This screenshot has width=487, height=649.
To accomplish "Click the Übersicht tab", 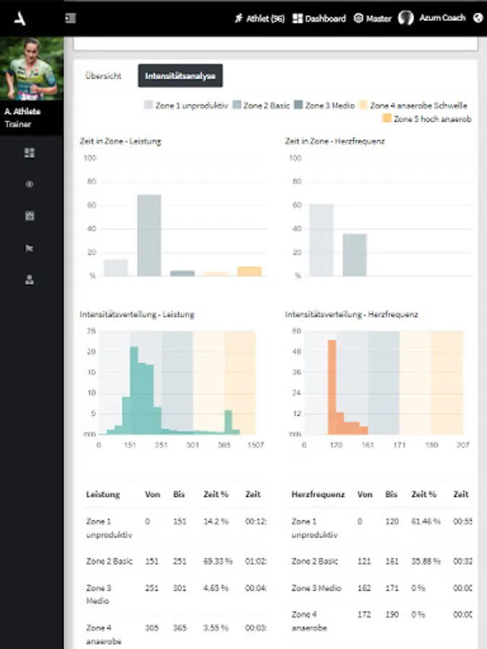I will [x=102, y=76].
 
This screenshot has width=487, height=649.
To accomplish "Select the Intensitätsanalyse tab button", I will [x=180, y=76].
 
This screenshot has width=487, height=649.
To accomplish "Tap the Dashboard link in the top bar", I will [x=320, y=19].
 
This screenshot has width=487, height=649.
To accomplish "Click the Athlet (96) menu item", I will [x=260, y=19].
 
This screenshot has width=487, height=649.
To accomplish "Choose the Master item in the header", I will [x=372, y=19].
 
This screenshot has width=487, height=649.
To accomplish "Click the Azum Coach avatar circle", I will [x=406, y=19].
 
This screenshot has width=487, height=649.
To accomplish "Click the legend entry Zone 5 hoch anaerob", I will [x=426, y=118].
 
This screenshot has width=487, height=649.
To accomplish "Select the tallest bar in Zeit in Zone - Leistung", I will [x=149, y=235].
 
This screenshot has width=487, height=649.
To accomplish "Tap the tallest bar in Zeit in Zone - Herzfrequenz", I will [x=322, y=240].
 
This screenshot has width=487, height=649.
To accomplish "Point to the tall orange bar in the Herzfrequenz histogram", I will [x=332, y=387].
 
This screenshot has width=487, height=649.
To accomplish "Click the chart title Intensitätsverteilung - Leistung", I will [x=137, y=314].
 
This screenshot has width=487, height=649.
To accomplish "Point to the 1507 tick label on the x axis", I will [x=255, y=446].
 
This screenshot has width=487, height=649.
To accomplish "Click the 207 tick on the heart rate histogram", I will [x=462, y=446].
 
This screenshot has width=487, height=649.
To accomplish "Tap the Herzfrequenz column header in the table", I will [x=318, y=495].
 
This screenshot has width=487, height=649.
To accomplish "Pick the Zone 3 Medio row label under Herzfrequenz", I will [x=315, y=588].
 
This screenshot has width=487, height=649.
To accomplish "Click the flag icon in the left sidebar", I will [x=30, y=248].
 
